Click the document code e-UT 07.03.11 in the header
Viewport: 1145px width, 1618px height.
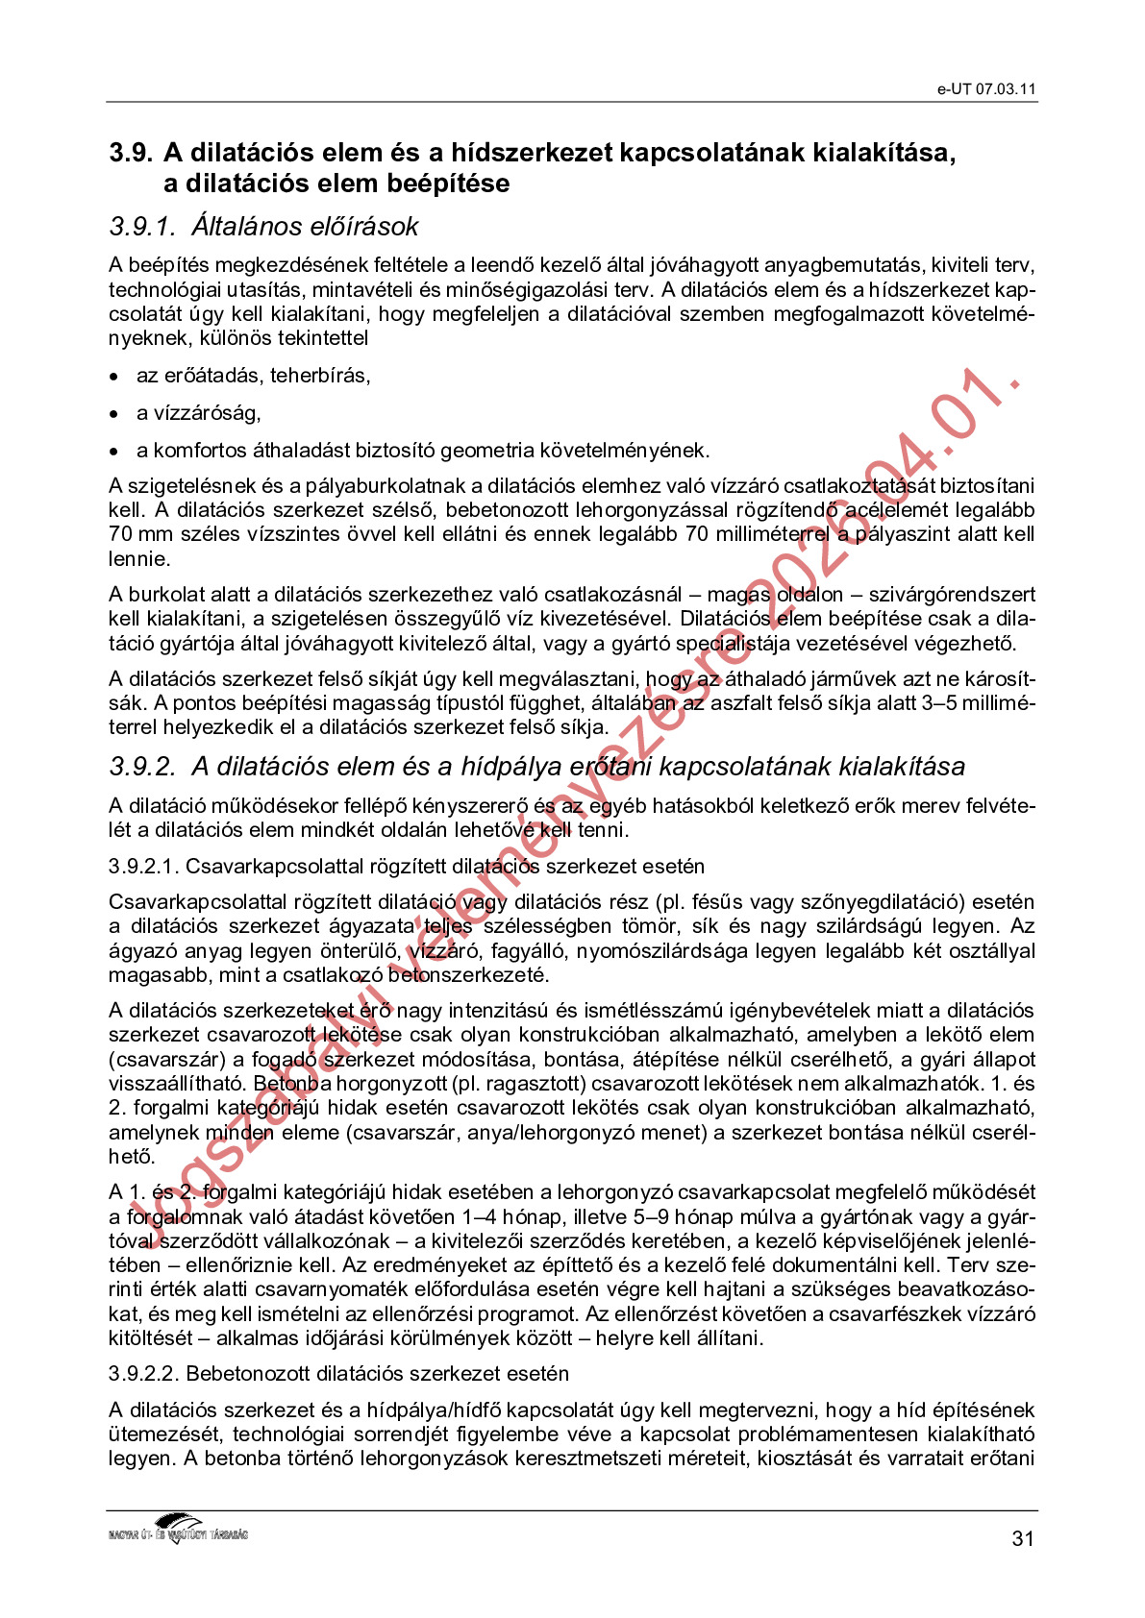point(986,89)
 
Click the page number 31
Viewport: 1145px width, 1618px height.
point(1023,1538)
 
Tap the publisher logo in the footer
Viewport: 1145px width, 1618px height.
point(179,1528)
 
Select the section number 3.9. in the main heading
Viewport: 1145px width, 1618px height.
point(131,153)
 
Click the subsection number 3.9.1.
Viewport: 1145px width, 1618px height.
point(142,227)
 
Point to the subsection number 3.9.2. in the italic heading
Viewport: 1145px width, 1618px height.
point(142,767)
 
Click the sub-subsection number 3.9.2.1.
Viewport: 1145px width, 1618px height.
point(143,867)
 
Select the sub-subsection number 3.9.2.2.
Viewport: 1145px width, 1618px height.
point(143,1374)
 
